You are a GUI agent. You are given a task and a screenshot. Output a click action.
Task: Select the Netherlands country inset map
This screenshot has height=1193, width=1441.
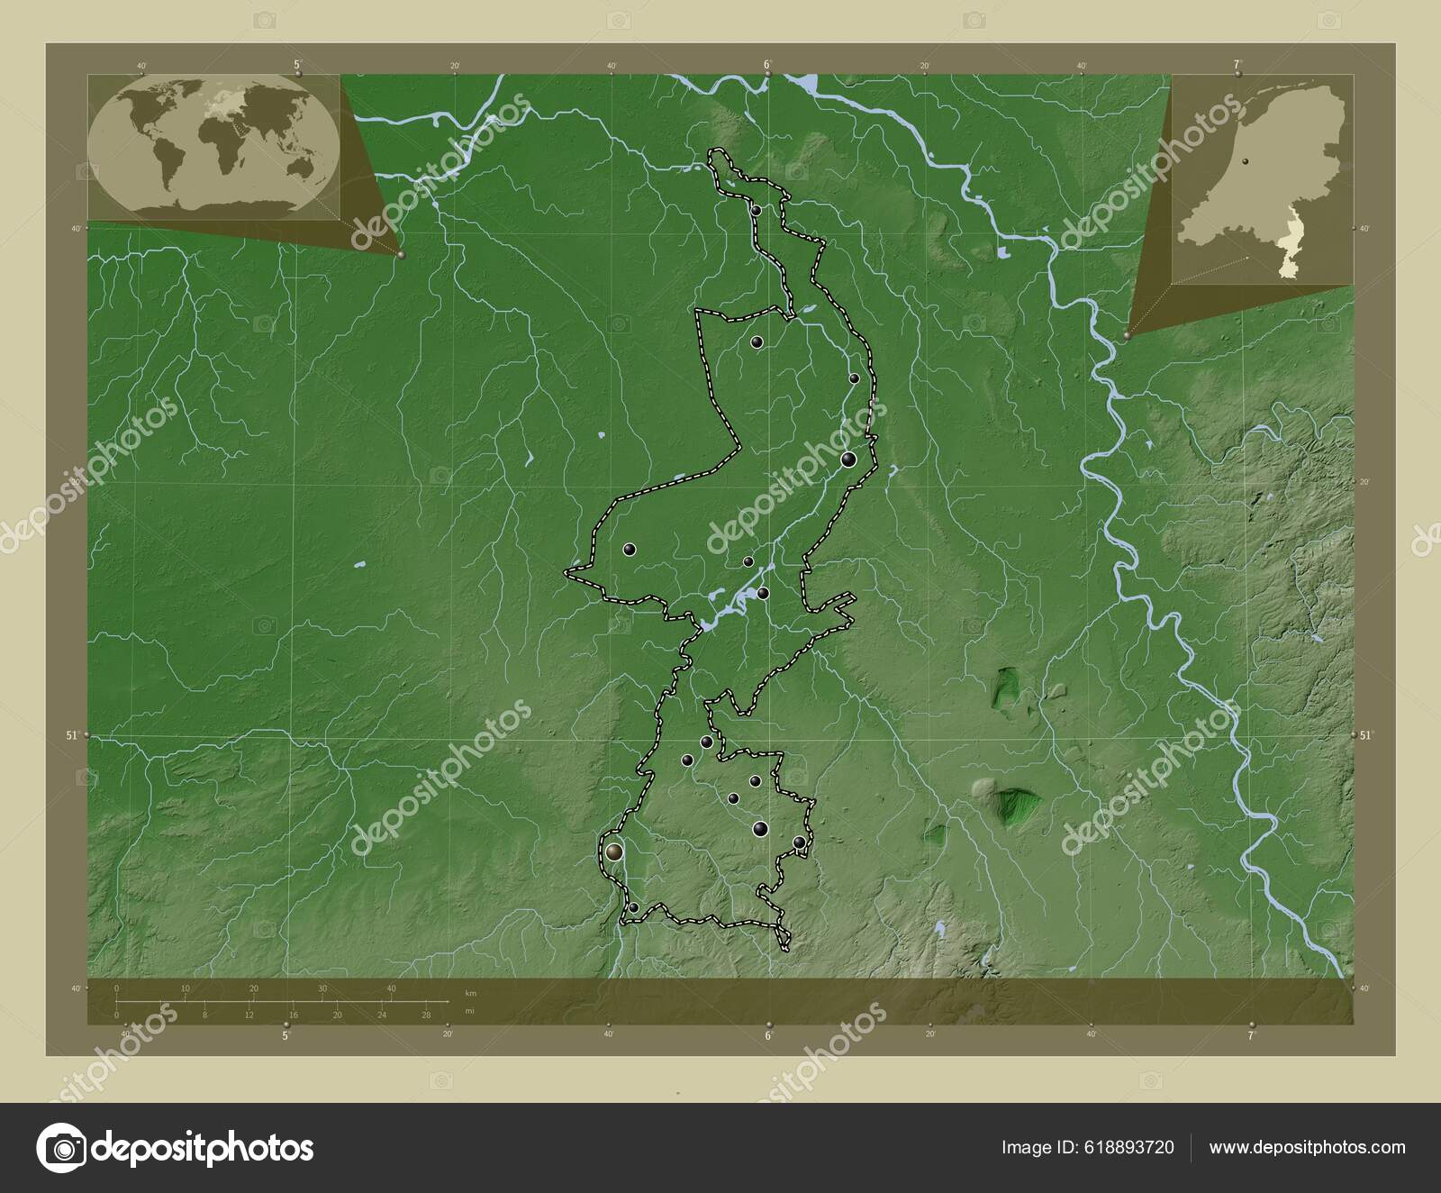pos(1262,179)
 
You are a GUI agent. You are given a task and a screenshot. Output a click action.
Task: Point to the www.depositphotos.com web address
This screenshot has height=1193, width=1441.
pos(1307,1147)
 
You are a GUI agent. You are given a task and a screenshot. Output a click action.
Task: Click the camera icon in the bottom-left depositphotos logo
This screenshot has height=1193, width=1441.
pos(61,1147)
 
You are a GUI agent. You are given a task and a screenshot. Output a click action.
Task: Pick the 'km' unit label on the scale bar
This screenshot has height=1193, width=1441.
pos(470,992)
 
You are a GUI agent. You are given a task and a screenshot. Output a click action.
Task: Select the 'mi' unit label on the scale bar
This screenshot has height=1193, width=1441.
pos(469,1011)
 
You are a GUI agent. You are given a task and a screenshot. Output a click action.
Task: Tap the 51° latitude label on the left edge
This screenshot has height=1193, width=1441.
pos(73,735)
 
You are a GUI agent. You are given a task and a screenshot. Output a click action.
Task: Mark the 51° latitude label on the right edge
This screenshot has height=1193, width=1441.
pos(1366,735)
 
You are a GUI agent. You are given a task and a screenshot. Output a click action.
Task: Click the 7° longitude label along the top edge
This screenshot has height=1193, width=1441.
pos(1237,64)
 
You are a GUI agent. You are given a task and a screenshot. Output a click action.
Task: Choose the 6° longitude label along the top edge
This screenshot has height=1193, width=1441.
pos(767,64)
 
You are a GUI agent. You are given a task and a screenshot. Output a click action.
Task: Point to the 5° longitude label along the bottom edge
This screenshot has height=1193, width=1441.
pos(286,1036)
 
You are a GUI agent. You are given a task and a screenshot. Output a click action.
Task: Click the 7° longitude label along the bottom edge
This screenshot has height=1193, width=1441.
pos(1251,1036)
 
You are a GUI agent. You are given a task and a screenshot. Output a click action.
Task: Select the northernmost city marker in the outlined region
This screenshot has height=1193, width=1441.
pos(757,210)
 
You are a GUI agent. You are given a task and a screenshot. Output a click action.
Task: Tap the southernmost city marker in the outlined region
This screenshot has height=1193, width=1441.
pos(634,907)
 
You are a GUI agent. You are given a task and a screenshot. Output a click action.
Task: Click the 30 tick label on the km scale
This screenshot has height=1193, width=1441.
pos(322,988)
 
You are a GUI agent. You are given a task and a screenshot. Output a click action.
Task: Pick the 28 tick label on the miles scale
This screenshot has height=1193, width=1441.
pos(426,1015)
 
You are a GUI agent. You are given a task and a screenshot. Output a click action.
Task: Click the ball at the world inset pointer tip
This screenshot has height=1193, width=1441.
pos(401,255)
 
